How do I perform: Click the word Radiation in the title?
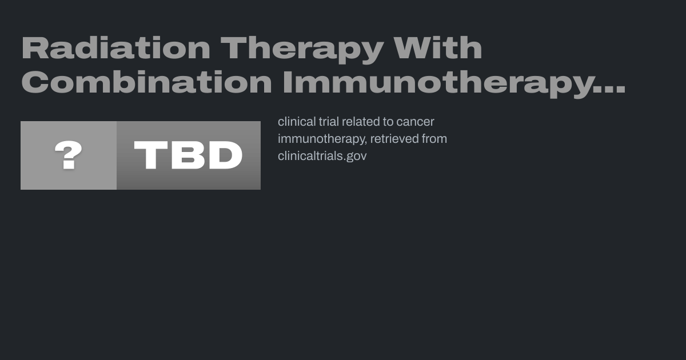[x=115, y=47]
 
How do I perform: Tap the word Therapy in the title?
[x=302, y=50]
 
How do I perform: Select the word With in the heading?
[x=438, y=47]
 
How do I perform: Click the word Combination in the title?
[x=146, y=82]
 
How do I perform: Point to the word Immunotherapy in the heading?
[x=438, y=84]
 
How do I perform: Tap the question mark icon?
[x=68, y=155]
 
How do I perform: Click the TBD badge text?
[x=188, y=155]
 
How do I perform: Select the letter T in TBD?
[x=151, y=155]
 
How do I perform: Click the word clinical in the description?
[x=297, y=122]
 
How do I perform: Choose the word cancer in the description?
[x=415, y=122]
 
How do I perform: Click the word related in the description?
[x=360, y=122]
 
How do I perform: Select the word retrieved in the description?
[x=394, y=139]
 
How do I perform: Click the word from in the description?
[x=434, y=139]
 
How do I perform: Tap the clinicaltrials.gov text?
[x=322, y=157]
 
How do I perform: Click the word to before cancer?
[x=388, y=122]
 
